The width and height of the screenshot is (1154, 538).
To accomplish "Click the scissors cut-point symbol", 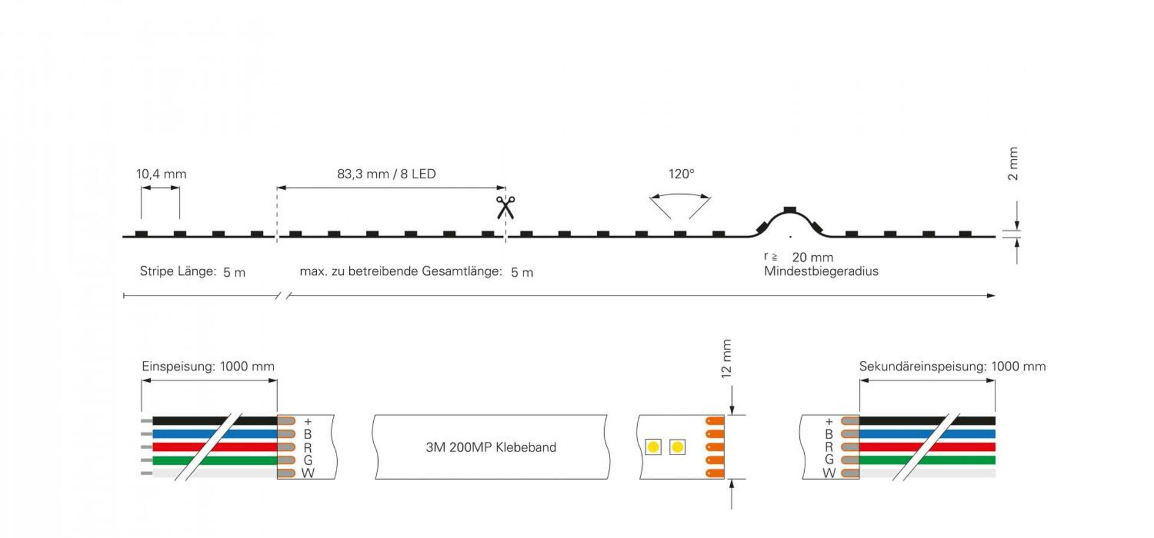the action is coord(505,207).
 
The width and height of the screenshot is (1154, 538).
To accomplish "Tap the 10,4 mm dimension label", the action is coord(161,174).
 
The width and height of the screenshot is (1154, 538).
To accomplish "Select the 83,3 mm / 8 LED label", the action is coord(386,174).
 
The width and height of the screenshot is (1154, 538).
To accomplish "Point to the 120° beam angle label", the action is coord(682,174).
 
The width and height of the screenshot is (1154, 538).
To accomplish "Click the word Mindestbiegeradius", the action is coord(821,271).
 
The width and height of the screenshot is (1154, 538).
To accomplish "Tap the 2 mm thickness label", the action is coord(1013,163).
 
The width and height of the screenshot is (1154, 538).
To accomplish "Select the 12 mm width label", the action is coord(726,358).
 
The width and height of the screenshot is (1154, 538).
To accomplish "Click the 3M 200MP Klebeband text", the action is coord(491,447).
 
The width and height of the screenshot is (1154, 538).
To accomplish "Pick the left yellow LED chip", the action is coord(653,447).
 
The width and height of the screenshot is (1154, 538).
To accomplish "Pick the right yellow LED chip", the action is coord(677,447).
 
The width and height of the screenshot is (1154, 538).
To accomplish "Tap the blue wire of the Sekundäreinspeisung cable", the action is coord(927,434).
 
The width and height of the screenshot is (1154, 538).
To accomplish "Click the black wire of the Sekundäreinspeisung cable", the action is coord(927,421).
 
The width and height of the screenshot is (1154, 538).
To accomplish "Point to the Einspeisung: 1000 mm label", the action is coord(208,366).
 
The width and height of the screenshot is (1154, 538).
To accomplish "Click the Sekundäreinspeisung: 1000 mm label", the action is coord(952,366).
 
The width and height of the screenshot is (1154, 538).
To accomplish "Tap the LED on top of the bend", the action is coord(790,210).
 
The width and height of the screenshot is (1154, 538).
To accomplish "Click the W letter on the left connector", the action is coord(308,473).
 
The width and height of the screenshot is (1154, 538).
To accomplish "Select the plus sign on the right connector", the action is coord(829,422).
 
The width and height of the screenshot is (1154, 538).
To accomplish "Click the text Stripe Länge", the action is coord(178,271).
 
